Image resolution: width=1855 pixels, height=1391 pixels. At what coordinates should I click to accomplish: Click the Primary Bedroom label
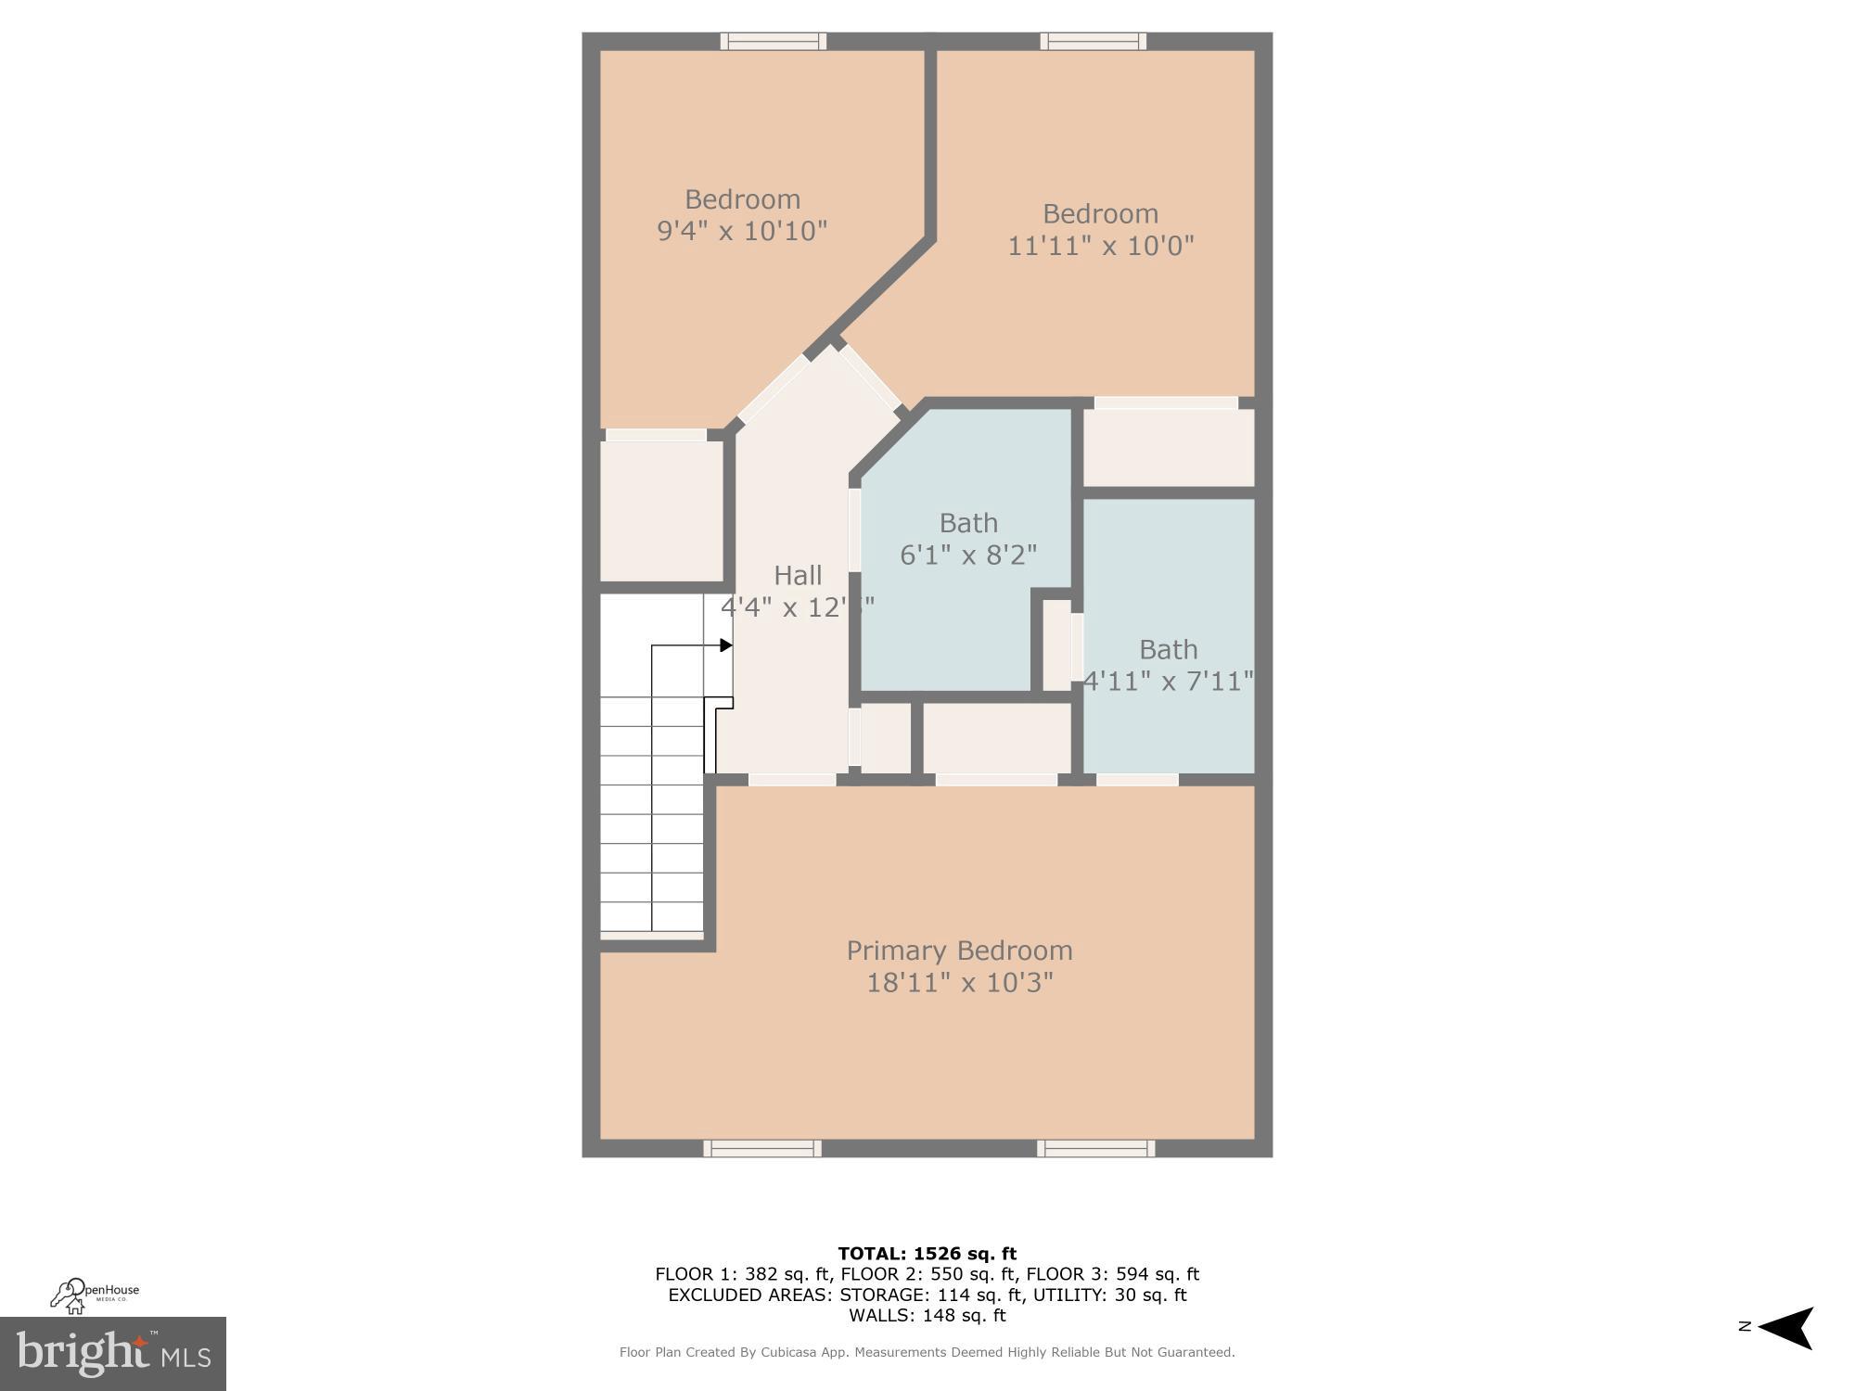(959, 951)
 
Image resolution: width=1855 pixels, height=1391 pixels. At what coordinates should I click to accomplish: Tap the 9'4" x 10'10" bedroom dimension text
(742, 231)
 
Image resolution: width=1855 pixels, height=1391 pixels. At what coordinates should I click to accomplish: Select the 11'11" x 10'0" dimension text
(1101, 246)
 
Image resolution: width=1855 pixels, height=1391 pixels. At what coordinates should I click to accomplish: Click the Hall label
(798, 576)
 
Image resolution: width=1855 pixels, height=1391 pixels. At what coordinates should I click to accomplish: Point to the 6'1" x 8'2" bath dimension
(968, 555)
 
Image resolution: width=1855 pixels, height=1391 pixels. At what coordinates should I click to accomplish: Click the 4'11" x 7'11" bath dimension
(1169, 682)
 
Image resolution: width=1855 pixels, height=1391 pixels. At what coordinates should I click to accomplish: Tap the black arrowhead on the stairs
(726, 645)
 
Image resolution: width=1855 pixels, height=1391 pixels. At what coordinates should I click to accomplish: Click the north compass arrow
(1785, 1328)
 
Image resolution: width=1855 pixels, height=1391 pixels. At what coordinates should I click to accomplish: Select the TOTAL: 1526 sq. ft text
(927, 1254)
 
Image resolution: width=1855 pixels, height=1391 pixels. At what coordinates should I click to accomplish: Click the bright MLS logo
(112, 1354)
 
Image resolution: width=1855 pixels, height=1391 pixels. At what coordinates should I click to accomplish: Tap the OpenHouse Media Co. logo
(95, 1295)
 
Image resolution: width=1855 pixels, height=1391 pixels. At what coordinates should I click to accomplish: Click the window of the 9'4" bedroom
(773, 41)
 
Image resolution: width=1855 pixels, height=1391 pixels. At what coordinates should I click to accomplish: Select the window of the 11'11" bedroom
(1093, 41)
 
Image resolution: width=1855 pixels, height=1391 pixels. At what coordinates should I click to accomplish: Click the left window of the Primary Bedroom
(761, 1149)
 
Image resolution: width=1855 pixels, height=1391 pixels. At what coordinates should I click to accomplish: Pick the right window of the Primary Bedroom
(1095, 1149)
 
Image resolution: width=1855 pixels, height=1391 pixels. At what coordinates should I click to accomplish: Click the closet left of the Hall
(661, 511)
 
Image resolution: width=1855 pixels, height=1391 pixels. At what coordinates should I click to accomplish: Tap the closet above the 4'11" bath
(1168, 447)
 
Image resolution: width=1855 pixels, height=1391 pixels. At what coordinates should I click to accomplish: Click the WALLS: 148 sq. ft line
(927, 1315)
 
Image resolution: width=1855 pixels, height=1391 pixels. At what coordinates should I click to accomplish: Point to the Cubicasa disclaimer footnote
(927, 1352)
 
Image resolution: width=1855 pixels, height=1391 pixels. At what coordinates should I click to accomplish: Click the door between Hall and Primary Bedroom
(792, 780)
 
